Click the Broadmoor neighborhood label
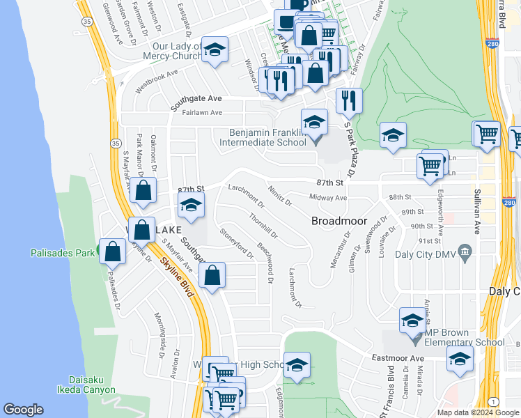(x=339, y=221)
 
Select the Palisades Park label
(x=62, y=253)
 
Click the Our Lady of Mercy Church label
(x=177, y=51)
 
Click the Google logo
(x=23, y=410)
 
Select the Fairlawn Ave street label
(x=202, y=112)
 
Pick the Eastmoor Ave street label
(x=398, y=358)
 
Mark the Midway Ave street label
(x=328, y=198)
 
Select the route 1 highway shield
(x=494, y=401)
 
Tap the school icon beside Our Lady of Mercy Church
(x=215, y=50)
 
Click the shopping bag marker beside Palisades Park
(x=112, y=251)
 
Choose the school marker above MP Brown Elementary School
(x=412, y=321)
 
